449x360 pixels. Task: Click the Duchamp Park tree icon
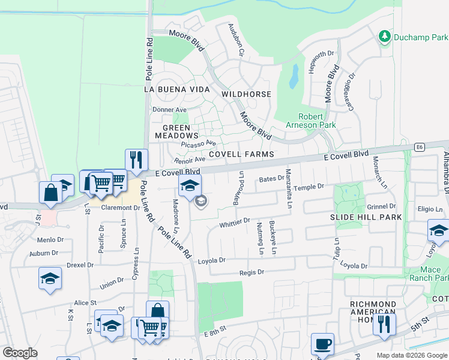[385, 37]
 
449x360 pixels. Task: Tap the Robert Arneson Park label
[318, 121]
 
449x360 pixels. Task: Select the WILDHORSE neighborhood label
[246, 94]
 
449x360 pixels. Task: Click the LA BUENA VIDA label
[177, 89]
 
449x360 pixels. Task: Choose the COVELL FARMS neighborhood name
[241, 154]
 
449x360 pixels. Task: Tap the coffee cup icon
[322, 344]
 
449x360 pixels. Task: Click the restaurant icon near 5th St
[384, 323]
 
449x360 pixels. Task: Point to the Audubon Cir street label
[235, 40]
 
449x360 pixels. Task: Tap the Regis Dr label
[252, 272]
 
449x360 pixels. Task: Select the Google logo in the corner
[20, 353]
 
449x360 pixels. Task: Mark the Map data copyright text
[412, 355]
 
